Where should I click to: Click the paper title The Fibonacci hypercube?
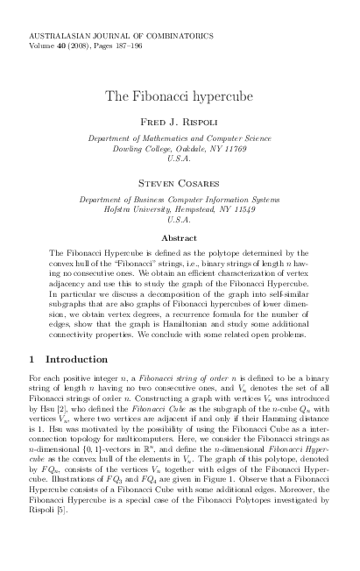(x=179, y=94)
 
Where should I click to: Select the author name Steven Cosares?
(x=179, y=184)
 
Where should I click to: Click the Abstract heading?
(x=179, y=237)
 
